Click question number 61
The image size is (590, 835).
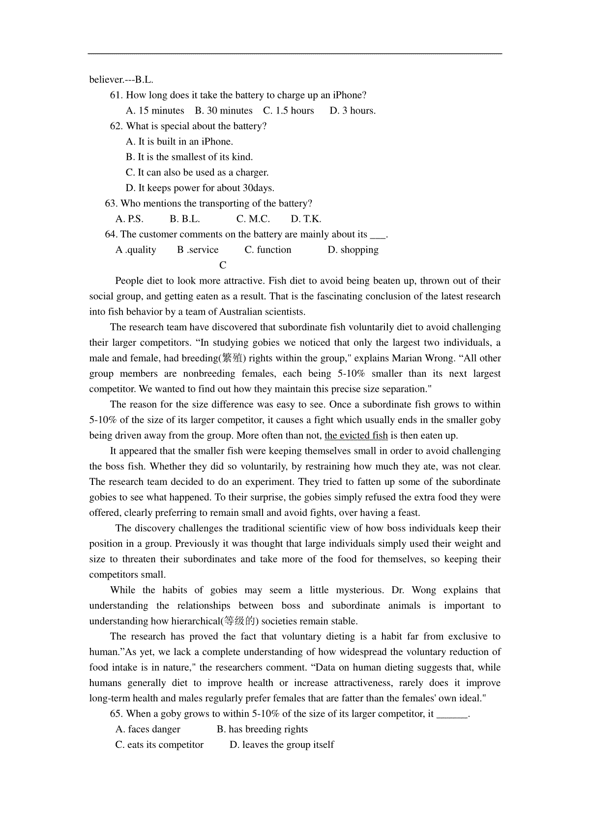click(x=116, y=95)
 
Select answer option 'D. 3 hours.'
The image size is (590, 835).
click(x=353, y=111)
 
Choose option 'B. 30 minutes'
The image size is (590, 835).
click(x=224, y=111)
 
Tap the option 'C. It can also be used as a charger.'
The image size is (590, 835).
click(x=197, y=173)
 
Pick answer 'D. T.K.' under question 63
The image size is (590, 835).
click(x=306, y=219)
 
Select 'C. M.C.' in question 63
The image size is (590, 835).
click(x=253, y=219)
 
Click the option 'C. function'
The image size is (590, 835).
click(x=268, y=250)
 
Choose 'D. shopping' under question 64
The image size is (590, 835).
click(x=353, y=250)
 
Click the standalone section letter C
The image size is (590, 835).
click(x=223, y=266)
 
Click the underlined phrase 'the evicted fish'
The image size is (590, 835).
click(x=356, y=436)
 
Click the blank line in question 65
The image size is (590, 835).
click(x=452, y=714)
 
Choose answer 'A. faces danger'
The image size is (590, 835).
click(x=148, y=729)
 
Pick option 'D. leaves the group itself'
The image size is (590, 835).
click(x=282, y=745)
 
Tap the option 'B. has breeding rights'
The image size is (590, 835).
click(x=262, y=729)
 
